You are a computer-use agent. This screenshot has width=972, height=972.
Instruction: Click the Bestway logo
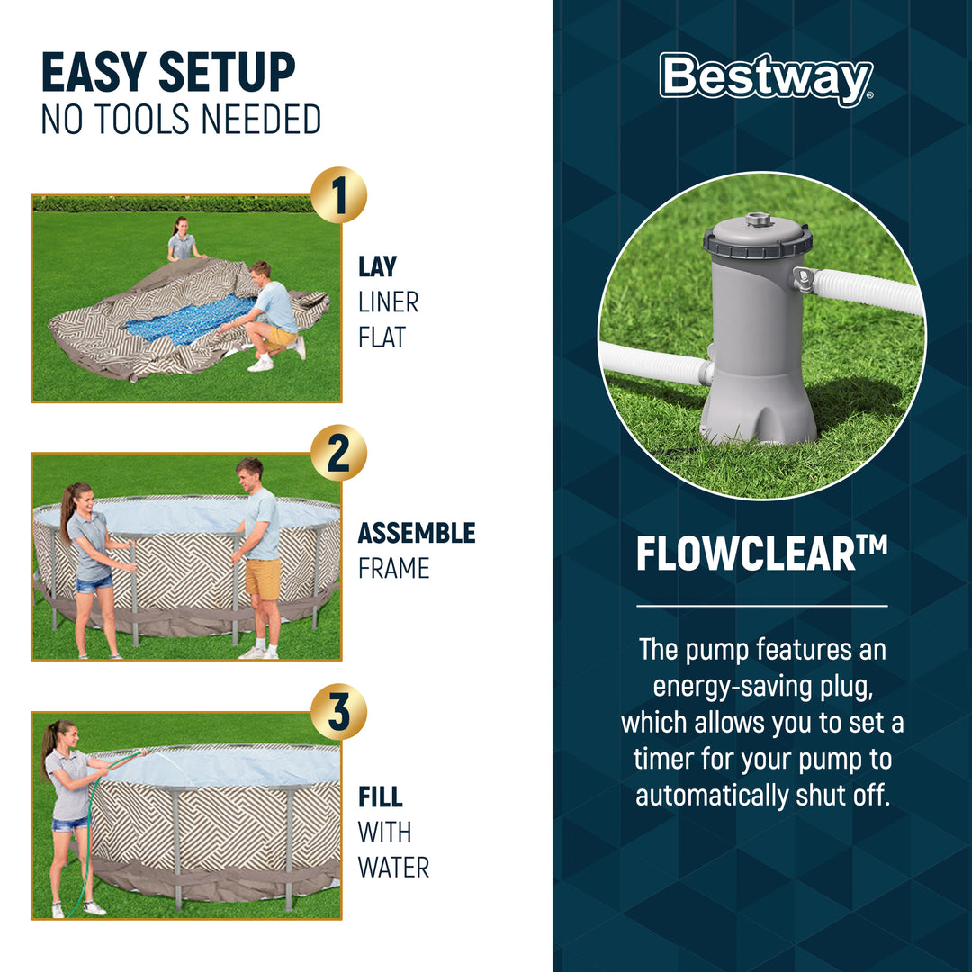pos(766,79)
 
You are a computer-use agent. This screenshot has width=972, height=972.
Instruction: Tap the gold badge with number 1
pos(338,196)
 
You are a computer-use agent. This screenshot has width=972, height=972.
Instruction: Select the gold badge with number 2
pos(338,454)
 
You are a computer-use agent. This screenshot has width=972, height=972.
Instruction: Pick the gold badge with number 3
pos(338,712)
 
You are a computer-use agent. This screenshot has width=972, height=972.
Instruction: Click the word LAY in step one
pos(377,266)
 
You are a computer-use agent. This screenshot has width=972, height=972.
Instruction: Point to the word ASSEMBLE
pos(416,533)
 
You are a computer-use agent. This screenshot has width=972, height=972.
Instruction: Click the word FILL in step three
pos(380,797)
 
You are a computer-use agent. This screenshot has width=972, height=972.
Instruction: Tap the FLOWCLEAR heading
pos(761,554)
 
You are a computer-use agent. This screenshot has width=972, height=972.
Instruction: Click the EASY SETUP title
pos(168,74)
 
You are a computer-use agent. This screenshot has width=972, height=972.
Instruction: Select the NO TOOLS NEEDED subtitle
pos(181,120)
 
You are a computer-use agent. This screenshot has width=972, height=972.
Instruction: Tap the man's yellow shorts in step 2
pos(263,579)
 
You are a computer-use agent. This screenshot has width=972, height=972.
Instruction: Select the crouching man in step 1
pos(269,316)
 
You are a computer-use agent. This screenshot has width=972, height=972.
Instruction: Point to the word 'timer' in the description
pos(667,759)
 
